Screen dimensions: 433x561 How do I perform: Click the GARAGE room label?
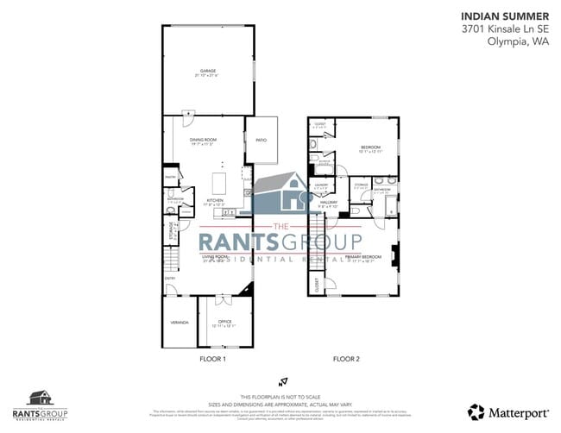pyautogui.click(x=208, y=70)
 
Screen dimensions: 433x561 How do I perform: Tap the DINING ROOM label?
pyautogui.click(x=203, y=140)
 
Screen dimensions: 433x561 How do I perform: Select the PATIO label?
pyautogui.click(x=261, y=140)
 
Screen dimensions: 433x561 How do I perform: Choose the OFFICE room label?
pyautogui.click(x=224, y=322)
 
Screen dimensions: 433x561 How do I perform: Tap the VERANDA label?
pyautogui.click(x=179, y=322)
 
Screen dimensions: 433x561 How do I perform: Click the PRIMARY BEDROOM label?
pyautogui.click(x=363, y=257)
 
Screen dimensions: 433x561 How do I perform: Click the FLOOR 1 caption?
pyautogui.click(x=212, y=358)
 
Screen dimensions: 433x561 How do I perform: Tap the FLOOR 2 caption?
pyautogui.click(x=346, y=358)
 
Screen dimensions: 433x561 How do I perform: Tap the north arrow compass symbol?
pyautogui.click(x=280, y=381)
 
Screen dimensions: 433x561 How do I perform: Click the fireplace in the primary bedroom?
pyautogui.click(x=394, y=256)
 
